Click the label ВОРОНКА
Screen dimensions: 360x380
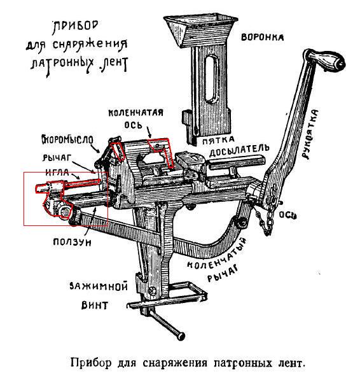(263, 38)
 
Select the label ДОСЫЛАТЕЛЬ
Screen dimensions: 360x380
(239, 151)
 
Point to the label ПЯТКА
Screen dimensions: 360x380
(218, 140)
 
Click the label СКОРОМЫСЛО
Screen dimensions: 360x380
(67, 139)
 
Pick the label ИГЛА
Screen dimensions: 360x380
(57, 172)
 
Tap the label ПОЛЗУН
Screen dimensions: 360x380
(72, 242)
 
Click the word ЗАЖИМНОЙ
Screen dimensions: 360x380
(99, 286)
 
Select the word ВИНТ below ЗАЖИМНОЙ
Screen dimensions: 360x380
(95, 305)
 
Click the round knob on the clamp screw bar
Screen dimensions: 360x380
(181, 336)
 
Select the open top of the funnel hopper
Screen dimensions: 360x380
(200, 19)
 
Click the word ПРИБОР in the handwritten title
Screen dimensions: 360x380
(76, 27)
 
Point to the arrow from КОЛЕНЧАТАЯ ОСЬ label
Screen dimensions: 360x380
(149, 133)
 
